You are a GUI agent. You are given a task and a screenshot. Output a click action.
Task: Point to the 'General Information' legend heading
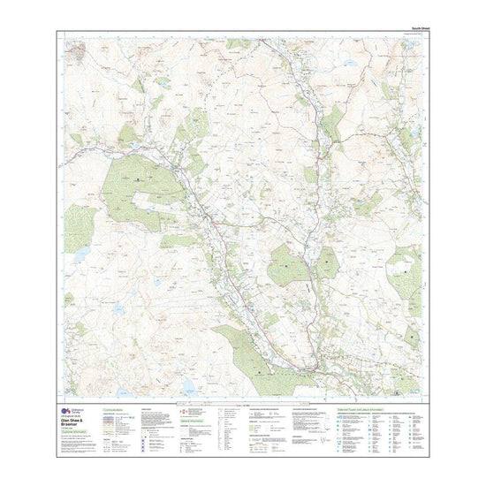[x=194, y=421]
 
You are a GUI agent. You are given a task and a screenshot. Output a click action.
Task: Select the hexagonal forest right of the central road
[x=291, y=265]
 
